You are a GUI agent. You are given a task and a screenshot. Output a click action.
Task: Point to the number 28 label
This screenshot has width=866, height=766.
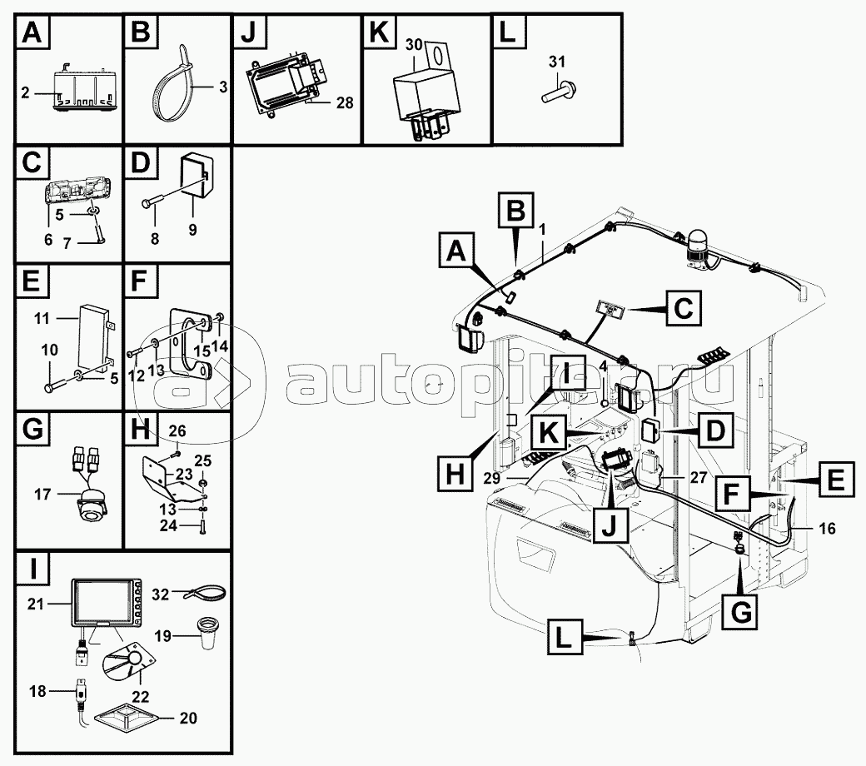tap(344, 103)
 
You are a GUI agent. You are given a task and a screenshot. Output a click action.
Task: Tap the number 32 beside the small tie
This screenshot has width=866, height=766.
tap(162, 593)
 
